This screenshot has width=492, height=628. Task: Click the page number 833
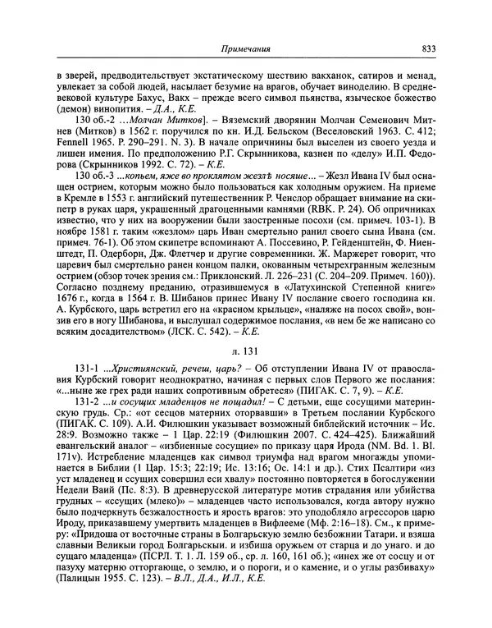click(426, 47)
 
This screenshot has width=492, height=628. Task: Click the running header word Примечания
click(240, 47)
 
